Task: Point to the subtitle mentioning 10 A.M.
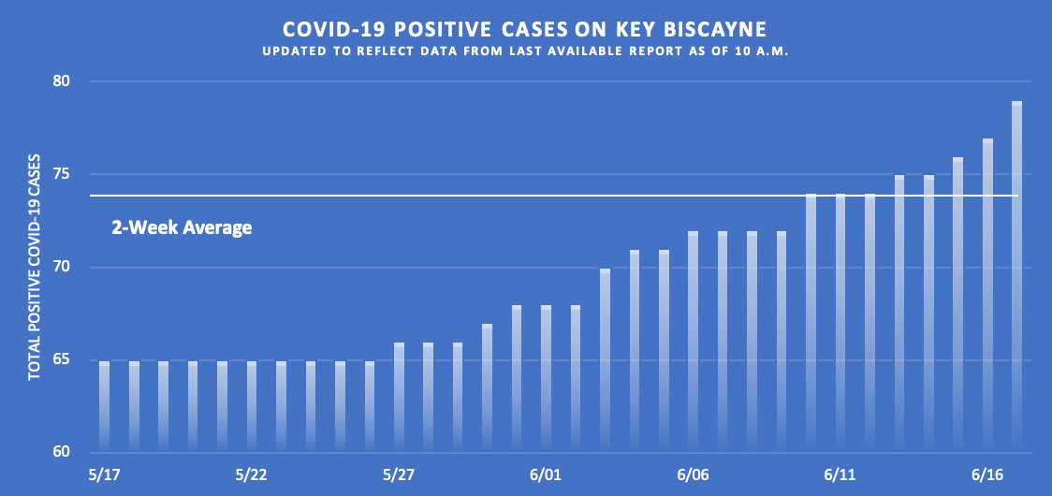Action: pos(526,51)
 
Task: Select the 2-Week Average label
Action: pos(182,226)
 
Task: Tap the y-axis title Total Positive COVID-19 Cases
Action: pos(35,267)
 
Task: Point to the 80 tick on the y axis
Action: pos(62,81)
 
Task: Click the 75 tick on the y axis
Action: pos(62,174)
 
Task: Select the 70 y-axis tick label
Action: pos(62,268)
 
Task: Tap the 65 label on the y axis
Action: pos(62,360)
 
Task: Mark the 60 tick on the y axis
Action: pos(62,453)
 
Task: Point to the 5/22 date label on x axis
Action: pos(252,475)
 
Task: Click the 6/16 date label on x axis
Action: pos(987,475)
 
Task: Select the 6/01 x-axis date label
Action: pos(547,475)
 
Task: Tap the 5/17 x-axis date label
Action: pos(105,475)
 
